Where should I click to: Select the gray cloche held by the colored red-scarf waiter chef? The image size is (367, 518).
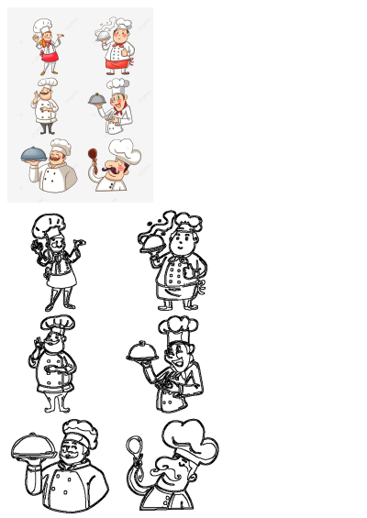tap(96, 96)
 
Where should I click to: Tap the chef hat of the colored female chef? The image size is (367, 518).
tap(43, 25)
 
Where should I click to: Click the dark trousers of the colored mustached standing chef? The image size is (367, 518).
tap(47, 127)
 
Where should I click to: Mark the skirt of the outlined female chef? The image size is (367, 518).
tap(61, 295)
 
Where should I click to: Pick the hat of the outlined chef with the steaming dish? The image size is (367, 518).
tap(187, 222)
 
